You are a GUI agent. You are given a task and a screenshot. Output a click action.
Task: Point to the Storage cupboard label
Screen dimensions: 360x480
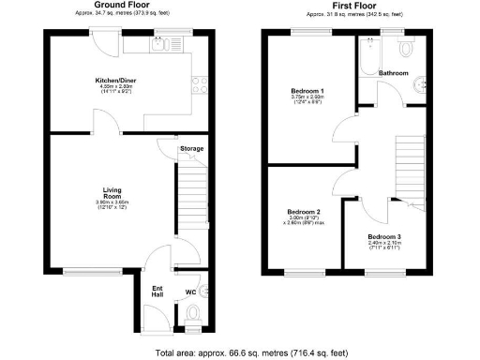(192, 148)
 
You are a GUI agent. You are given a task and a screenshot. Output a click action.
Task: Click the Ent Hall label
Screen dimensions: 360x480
(157, 290)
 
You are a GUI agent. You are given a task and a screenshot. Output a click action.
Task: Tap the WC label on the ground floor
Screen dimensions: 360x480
(190, 292)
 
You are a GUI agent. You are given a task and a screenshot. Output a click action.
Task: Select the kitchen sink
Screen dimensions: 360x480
(159, 43)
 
